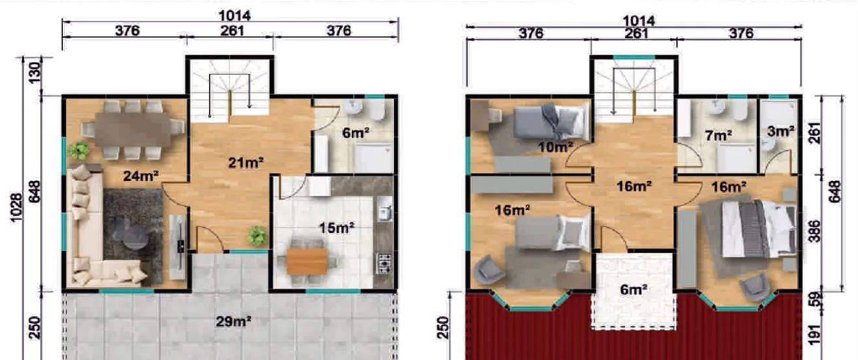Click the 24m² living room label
[141, 176]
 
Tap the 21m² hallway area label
[246, 163]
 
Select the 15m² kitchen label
[337, 228]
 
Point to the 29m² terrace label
[233, 321]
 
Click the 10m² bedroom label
[556, 147]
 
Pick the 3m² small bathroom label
[781, 132]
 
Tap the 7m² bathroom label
[718, 135]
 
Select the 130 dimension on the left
[34, 73]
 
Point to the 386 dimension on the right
[815, 232]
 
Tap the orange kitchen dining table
[306, 261]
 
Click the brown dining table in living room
[132, 130]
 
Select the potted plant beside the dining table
[79, 150]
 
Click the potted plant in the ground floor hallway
[257, 235]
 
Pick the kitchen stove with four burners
[384, 262]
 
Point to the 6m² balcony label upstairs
[633, 289]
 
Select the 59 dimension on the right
[815, 299]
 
